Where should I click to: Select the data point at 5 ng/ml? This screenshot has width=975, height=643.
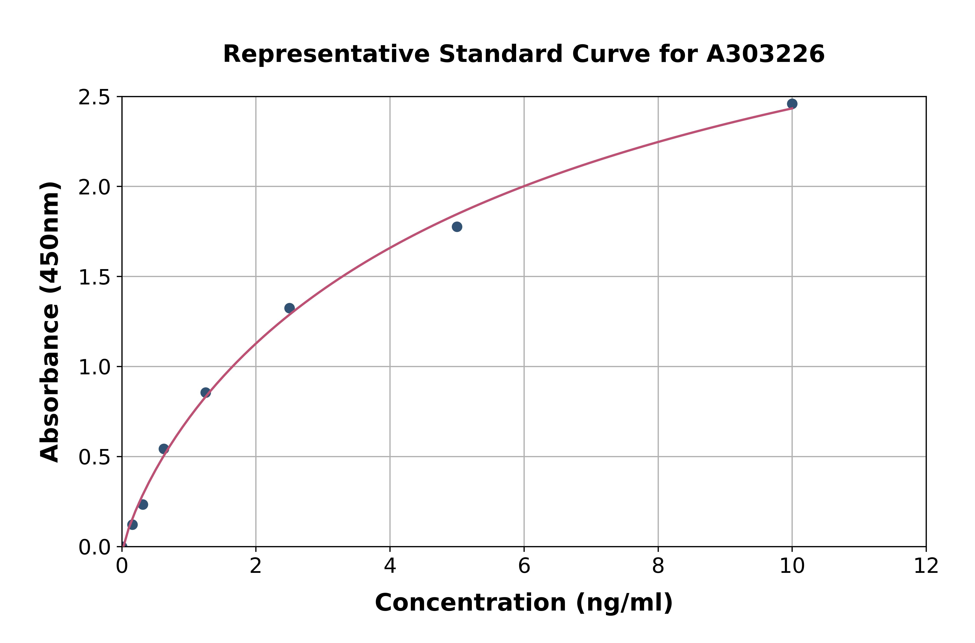[x=457, y=227]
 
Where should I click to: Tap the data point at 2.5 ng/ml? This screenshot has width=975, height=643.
[x=289, y=308]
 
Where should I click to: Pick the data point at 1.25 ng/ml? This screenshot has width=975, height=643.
[x=206, y=393]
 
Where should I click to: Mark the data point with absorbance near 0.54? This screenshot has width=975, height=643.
[x=164, y=449]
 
